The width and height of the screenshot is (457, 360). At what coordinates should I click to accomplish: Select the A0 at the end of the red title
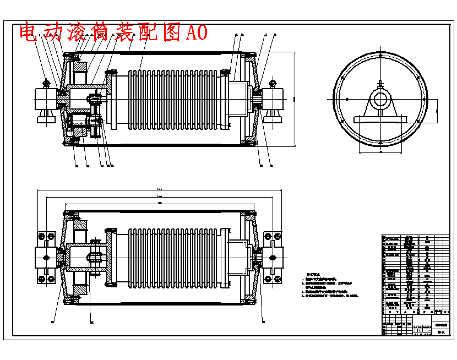click(x=197, y=32)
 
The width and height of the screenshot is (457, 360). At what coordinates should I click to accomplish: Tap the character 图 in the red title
click(x=172, y=32)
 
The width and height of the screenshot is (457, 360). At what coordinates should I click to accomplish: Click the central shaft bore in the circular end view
click(x=380, y=100)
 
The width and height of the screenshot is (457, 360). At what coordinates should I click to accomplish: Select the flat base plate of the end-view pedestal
click(x=380, y=119)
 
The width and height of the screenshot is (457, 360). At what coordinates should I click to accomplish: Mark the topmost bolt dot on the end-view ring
click(x=380, y=55)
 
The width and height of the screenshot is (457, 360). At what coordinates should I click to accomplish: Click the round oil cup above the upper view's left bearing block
click(x=46, y=83)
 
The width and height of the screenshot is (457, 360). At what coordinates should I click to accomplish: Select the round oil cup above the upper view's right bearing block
click(x=273, y=83)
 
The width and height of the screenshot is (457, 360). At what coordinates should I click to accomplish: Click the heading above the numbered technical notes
click(x=313, y=274)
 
